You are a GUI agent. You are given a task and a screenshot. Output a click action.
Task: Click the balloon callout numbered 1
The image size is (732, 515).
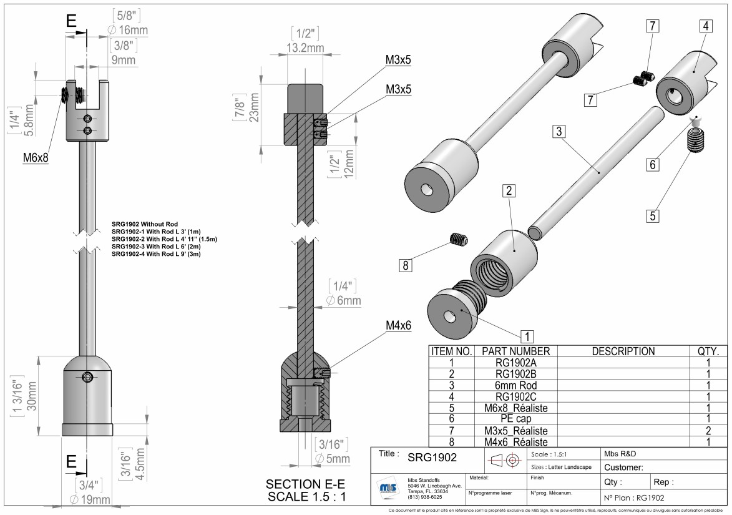click(527, 336)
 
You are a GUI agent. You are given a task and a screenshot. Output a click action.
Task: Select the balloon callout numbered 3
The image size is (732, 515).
click(559, 131)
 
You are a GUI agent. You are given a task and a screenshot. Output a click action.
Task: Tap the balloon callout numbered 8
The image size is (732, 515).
click(406, 265)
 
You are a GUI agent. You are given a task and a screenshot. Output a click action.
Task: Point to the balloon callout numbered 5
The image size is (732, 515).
click(653, 216)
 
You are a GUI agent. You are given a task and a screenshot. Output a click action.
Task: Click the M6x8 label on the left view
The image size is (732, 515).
click(36, 158)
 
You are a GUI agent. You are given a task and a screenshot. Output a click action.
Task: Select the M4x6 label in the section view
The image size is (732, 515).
click(398, 325)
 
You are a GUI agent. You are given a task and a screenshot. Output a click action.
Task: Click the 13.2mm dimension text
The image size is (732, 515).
click(305, 48)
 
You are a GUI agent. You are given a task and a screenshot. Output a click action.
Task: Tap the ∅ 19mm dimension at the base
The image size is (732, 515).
click(90, 499)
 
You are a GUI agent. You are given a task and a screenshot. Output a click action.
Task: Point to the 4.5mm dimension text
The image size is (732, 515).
click(141, 464)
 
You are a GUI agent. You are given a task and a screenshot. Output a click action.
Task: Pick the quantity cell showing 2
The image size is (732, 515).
click(708, 431)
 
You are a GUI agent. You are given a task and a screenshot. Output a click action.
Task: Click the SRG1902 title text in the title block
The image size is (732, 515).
click(432, 458)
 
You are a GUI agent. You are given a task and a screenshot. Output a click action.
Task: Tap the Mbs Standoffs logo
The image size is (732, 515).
click(388, 488)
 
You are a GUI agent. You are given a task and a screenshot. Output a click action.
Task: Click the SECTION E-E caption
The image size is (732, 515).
click(305, 484)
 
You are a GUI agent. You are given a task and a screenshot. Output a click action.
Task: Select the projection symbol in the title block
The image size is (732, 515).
click(505, 461)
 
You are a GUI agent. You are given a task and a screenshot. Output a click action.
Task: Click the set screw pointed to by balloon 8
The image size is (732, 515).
click(459, 239)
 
